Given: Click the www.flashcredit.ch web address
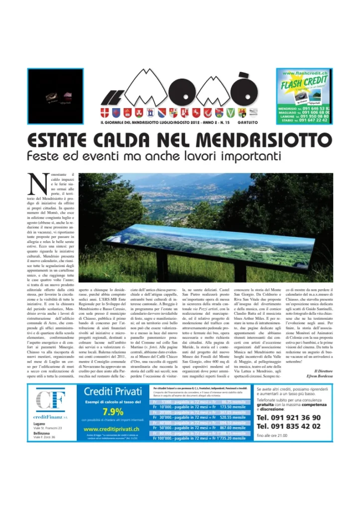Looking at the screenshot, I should point(304,74).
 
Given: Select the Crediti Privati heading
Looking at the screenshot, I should point(113,391).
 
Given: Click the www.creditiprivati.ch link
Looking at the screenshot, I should point(112,429).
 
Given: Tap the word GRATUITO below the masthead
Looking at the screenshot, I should point(247,123).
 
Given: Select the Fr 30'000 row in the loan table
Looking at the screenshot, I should point(199,417).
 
